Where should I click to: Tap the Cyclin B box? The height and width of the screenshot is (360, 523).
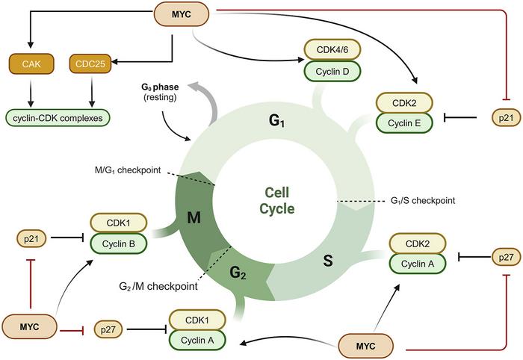click(117, 243)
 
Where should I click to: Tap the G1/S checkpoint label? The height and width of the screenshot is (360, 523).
click(423, 201)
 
